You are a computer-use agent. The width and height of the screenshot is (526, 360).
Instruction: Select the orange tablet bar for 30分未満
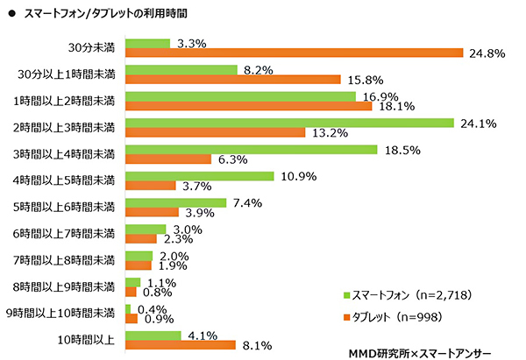(x=294, y=53)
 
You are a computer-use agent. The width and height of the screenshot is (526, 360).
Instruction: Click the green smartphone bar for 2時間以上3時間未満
(x=289, y=123)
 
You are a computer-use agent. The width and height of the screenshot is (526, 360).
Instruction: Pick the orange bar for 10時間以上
(x=181, y=345)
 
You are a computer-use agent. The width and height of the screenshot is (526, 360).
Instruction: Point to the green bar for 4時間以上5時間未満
(x=200, y=176)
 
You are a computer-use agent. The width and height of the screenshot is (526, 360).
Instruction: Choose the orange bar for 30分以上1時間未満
(x=233, y=80)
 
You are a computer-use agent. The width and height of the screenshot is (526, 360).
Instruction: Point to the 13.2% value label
(x=328, y=133)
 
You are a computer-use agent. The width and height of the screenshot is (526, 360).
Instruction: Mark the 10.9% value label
(x=297, y=176)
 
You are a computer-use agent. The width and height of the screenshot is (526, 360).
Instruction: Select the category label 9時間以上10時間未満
(x=60, y=312)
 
